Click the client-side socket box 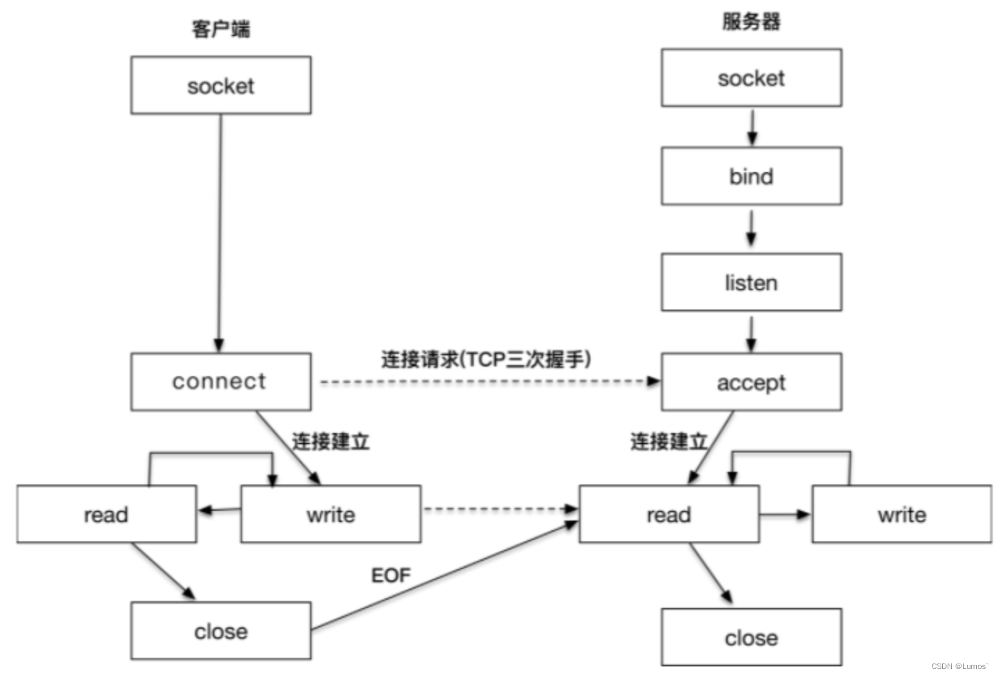click(x=221, y=85)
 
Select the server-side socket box click(x=751, y=78)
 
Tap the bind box click(x=751, y=176)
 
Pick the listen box click(x=751, y=282)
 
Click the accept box click(x=751, y=382)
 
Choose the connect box click(x=221, y=381)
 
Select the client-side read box click(x=106, y=514)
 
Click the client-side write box click(x=330, y=514)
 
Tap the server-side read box click(x=669, y=514)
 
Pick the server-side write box click(x=901, y=514)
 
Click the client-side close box click(x=221, y=631)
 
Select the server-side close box click(x=751, y=637)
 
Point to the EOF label click(x=391, y=575)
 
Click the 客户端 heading click(x=221, y=29)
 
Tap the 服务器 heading click(x=751, y=22)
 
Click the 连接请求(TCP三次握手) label click(x=486, y=359)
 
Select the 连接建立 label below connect click(x=330, y=441)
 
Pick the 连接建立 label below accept click(x=668, y=441)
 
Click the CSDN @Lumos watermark click(x=959, y=666)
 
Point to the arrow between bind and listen click(x=751, y=228)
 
